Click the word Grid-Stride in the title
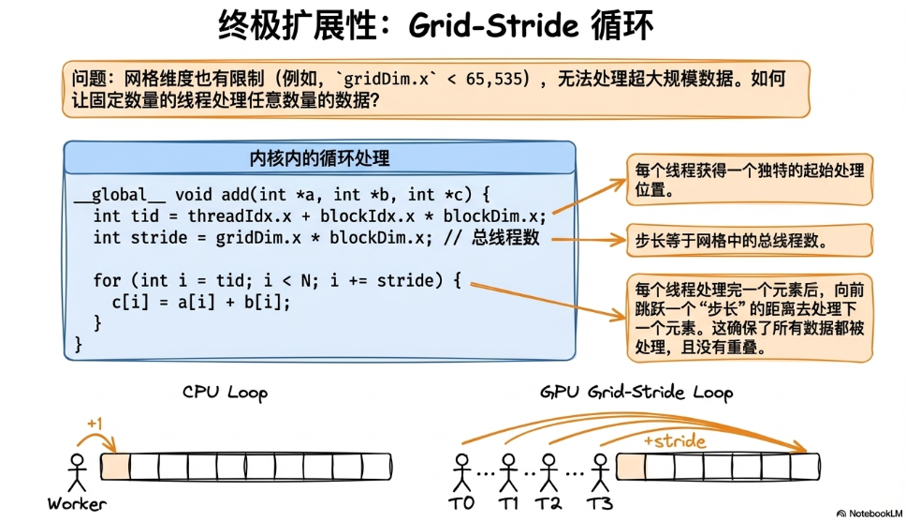(494, 25)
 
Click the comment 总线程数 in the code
(505, 237)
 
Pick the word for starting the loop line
(107, 279)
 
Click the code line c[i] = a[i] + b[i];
(200, 301)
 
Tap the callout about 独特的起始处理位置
(749, 179)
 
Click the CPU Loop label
(225, 393)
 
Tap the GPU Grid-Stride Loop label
(636, 393)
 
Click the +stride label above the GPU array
(674, 440)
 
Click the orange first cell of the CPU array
(114, 467)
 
